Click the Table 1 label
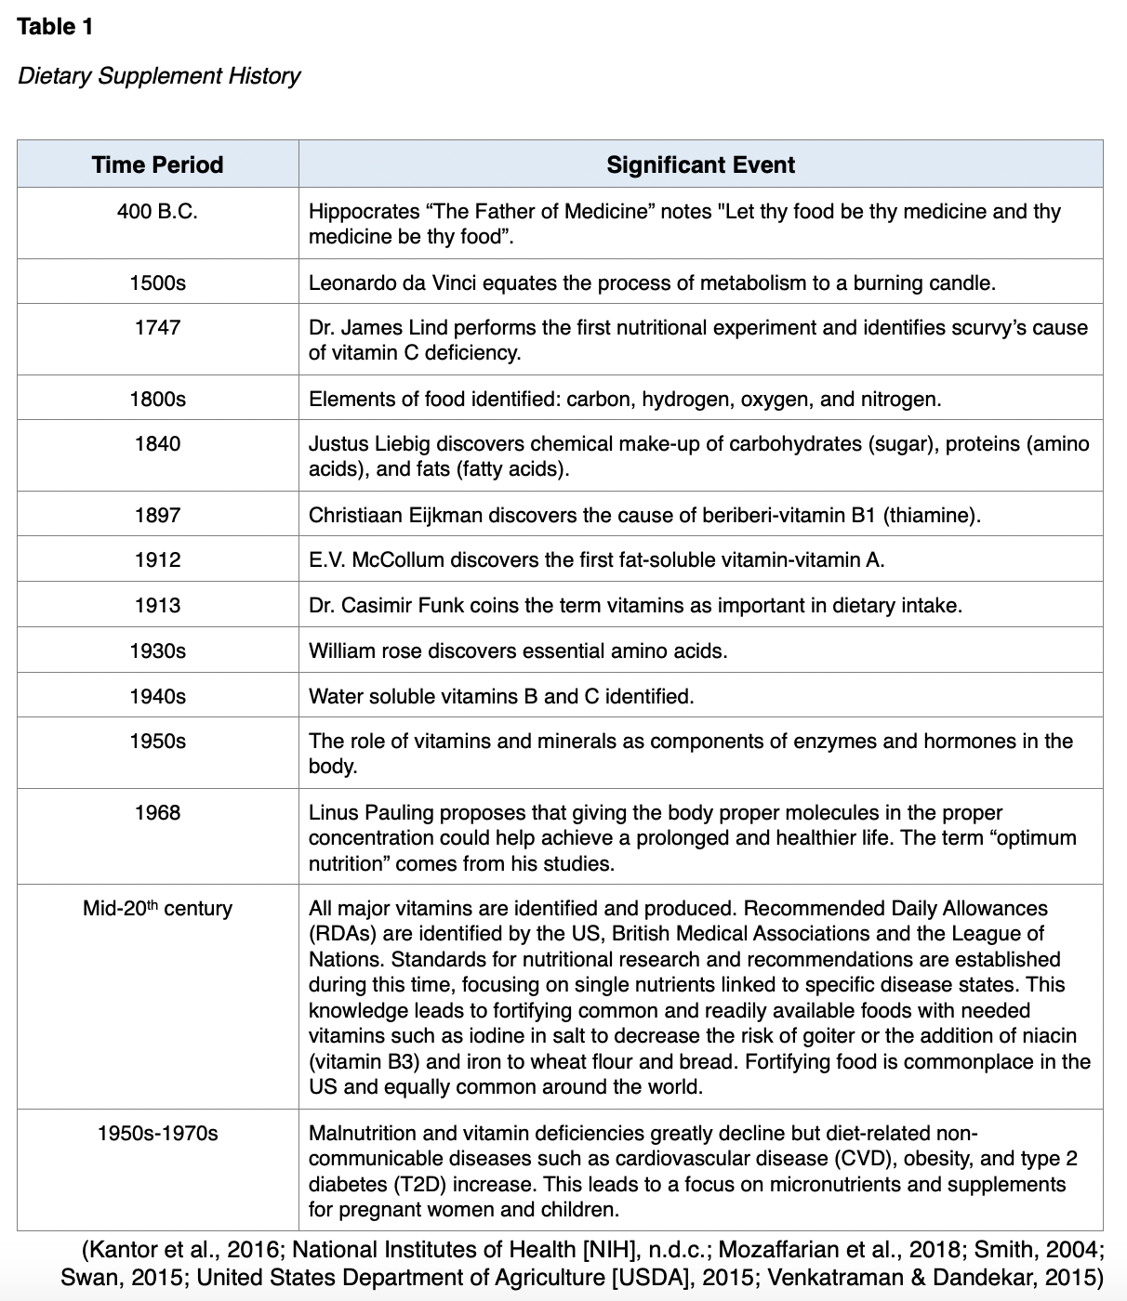tap(55, 26)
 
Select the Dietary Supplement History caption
tap(159, 75)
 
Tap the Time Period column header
tap(157, 164)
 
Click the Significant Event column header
tap(700, 164)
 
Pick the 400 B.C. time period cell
tap(157, 211)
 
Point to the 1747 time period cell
tap(157, 327)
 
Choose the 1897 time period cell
tap(157, 515)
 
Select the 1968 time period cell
tap(157, 812)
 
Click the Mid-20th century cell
tap(157, 908)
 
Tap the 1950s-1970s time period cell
tap(157, 1133)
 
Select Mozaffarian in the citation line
tap(772, 1250)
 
